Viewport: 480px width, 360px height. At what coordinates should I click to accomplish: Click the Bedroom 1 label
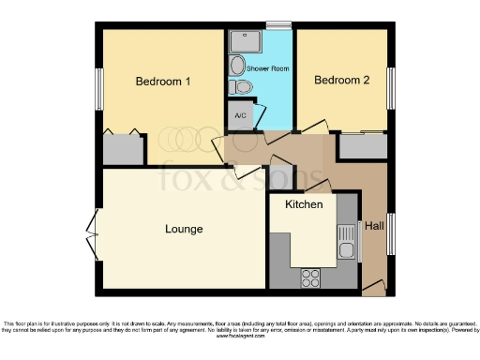(x=163, y=82)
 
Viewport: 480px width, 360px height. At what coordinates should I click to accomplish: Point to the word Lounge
(x=184, y=228)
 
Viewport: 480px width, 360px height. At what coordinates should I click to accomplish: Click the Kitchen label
(x=304, y=203)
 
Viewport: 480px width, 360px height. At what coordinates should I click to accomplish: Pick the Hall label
(x=374, y=226)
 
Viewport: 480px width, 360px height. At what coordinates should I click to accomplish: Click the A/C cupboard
(x=238, y=115)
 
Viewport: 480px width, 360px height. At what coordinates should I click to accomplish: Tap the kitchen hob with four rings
(x=309, y=277)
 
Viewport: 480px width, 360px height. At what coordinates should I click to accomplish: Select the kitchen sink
(x=346, y=242)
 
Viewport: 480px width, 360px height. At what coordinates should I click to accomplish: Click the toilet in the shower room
(x=244, y=87)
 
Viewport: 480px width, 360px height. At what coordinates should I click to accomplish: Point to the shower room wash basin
(x=236, y=65)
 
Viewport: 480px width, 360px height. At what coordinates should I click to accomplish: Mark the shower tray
(x=248, y=40)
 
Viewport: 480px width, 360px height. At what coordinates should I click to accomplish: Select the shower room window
(x=278, y=25)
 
